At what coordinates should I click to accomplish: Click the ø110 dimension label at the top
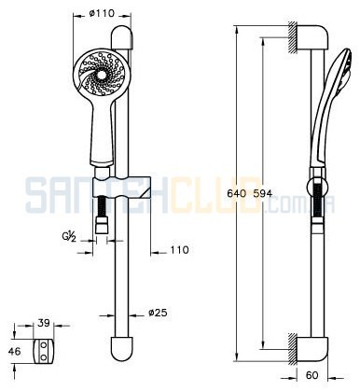[102, 13]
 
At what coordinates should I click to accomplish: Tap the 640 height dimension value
[236, 194]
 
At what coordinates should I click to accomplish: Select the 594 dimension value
[263, 194]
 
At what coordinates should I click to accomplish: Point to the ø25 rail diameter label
[158, 313]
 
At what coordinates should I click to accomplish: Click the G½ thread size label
[68, 237]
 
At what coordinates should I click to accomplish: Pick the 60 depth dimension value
[312, 375]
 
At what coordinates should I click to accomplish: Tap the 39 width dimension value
[44, 323]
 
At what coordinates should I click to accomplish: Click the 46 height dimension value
[14, 352]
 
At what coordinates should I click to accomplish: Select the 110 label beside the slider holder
[179, 250]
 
